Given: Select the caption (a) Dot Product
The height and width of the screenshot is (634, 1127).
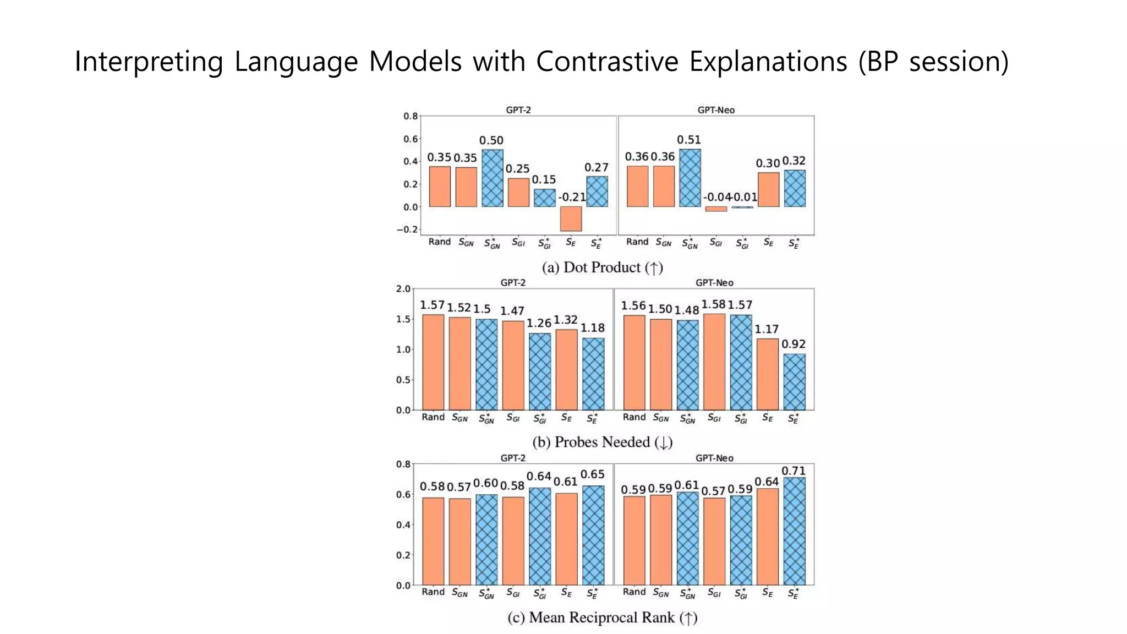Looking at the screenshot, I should tap(602, 267).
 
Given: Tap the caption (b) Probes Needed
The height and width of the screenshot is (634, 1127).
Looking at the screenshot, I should tap(602, 442).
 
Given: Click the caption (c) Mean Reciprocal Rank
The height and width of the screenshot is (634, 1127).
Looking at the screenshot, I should tap(602, 617).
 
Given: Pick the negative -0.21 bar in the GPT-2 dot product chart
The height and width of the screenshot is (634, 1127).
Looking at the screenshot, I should tap(571, 218).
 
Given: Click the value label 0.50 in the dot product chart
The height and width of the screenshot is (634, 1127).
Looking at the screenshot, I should tap(491, 140).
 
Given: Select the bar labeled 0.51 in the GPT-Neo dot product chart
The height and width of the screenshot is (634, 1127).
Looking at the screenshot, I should tap(690, 178).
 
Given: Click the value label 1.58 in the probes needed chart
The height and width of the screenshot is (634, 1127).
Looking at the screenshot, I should tap(713, 304).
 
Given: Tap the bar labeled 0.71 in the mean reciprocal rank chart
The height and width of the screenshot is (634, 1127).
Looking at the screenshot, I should tap(794, 531).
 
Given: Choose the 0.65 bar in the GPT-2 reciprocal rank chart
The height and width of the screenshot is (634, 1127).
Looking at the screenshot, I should tap(593, 535).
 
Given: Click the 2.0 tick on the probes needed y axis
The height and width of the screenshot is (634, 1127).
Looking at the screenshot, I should tap(403, 289).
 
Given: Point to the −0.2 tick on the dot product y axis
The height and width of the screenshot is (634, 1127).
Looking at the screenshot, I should tap(407, 229).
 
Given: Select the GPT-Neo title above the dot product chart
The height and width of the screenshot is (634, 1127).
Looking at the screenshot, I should tap(715, 110).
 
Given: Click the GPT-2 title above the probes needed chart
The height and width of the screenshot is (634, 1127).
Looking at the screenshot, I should tap(513, 283).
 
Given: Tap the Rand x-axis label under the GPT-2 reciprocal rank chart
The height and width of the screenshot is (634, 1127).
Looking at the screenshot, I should tap(433, 592).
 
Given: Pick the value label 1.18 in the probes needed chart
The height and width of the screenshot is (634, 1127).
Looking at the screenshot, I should tap(592, 328).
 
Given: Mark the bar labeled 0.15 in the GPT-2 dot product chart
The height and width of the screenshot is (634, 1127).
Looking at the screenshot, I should tap(544, 198).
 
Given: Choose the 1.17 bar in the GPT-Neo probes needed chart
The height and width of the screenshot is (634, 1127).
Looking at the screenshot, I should tap(767, 374).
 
